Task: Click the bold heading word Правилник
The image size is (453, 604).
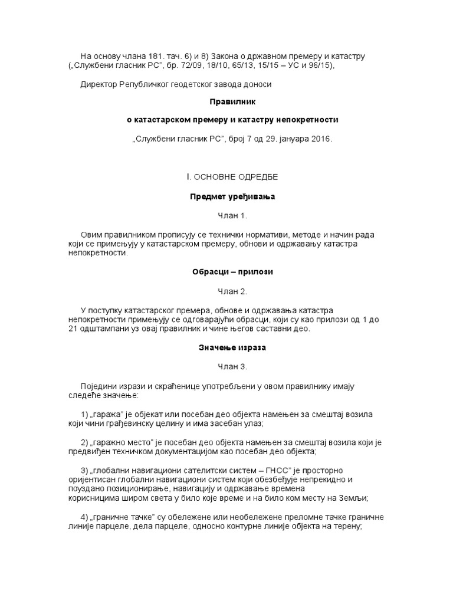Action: point(226,101)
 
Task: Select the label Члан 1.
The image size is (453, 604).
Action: point(226,216)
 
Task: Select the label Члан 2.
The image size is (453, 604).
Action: point(226,291)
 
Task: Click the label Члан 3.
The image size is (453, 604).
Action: point(226,366)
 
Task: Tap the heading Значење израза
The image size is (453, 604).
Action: point(226,347)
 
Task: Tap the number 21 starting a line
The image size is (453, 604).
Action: point(73,329)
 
